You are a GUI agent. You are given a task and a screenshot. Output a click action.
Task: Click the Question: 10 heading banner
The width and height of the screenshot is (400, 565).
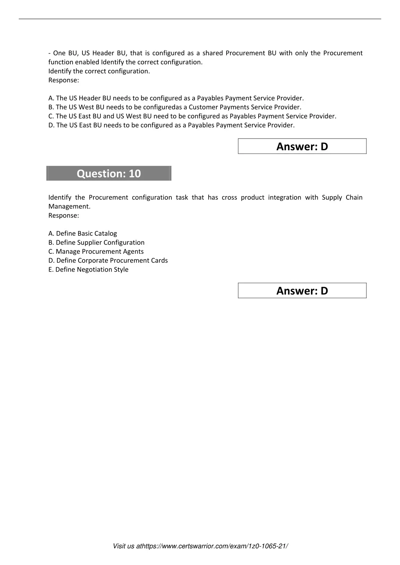click(109, 173)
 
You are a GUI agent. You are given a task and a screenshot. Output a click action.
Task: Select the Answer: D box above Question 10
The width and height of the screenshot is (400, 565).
click(302, 146)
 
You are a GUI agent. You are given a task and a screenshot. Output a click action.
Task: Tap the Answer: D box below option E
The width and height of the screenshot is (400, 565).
click(302, 291)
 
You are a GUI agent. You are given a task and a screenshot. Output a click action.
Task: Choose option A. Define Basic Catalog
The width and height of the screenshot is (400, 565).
click(82, 233)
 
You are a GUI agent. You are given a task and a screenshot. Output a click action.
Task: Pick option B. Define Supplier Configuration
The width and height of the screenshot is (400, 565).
click(96, 242)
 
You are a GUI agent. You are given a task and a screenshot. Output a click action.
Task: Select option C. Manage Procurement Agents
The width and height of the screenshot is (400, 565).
click(96, 251)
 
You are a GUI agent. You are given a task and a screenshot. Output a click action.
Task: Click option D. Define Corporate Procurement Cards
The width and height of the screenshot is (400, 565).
click(108, 260)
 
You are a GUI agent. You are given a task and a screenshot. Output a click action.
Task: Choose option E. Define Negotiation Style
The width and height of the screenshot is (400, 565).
click(88, 269)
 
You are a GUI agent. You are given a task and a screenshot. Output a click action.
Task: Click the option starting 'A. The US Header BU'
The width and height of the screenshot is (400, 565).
click(176, 98)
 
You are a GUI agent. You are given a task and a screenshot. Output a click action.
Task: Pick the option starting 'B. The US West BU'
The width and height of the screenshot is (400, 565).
click(175, 107)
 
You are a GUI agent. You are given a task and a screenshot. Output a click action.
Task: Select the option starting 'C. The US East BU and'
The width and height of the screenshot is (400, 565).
click(192, 116)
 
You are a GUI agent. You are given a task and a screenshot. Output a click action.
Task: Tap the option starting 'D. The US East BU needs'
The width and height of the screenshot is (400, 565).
click(171, 125)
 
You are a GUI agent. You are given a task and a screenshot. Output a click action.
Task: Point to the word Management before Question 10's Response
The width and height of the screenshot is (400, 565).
click(69, 206)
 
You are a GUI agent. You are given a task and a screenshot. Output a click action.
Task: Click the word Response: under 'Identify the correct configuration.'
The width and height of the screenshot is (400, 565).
click(64, 80)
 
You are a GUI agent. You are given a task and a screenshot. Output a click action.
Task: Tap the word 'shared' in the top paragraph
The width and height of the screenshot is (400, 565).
click(212, 53)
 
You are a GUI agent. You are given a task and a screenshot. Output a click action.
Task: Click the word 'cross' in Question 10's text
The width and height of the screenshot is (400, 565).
click(229, 197)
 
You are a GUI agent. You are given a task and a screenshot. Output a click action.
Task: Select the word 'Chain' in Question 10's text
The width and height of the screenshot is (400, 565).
click(354, 197)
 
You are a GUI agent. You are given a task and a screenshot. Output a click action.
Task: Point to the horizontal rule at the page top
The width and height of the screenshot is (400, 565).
click(200, 19)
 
